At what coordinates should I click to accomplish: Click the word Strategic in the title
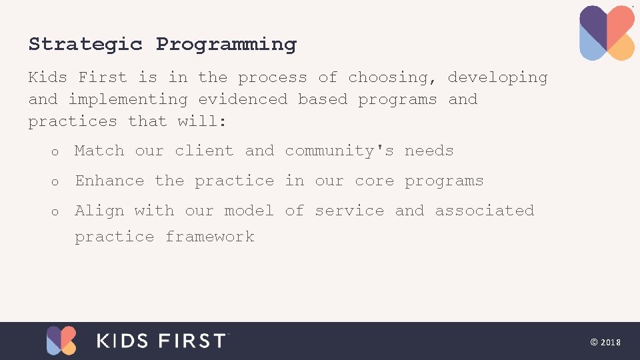click(x=85, y=45)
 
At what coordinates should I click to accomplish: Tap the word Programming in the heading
click(x=226, y=45)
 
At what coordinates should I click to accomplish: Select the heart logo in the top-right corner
click(x=607, y=33)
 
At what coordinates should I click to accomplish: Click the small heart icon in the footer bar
click(x=61, y=341)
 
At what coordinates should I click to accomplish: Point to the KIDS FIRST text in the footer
click(x=162, y=341)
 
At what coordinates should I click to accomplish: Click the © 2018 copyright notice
click(x=605, y=342)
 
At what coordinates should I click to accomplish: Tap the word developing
click(x=497, y=78)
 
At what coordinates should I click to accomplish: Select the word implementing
click(x=128, y=100)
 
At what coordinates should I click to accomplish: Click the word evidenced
click(x=243, y=100)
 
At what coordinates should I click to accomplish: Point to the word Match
click(x=99, y=151)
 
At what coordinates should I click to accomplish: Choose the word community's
click(x=339, y=151)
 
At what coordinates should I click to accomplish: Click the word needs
click(x=429, y=151)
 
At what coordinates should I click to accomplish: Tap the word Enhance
click(x=109, y=181)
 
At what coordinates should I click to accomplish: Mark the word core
click(x=374, y=181)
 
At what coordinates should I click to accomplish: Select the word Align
click(x=99, y=211)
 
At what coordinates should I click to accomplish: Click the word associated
click(x=484, y=211)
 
